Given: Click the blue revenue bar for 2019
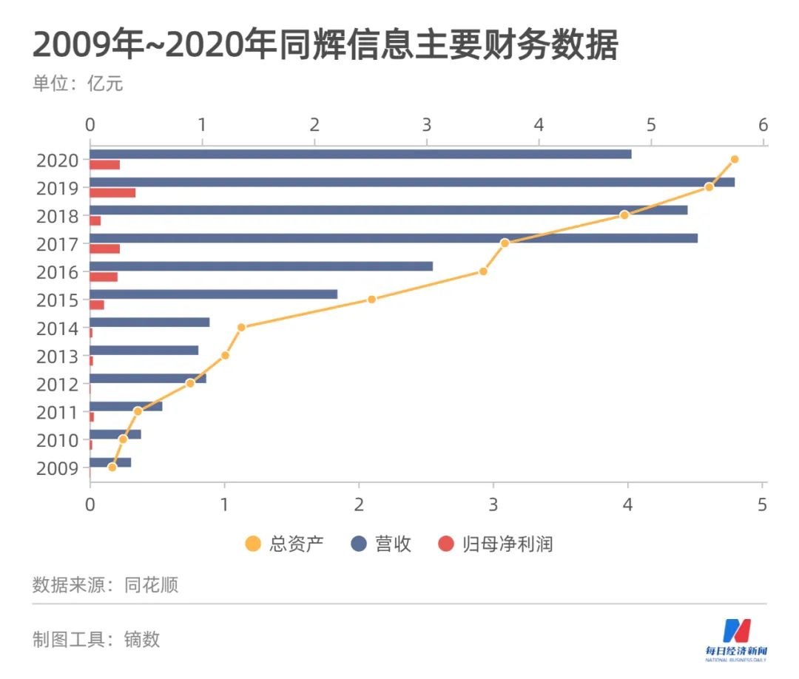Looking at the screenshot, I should pyautogui.click(x=411, y=182).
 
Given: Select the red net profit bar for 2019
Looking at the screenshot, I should pyautogui.click(x=112, y=193).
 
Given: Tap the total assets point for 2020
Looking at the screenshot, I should pyautogui.click(x=734, y=159).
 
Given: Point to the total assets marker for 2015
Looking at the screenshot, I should pyautogui.click(x=371, y=300).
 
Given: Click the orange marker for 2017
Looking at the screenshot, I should pyautogui.click(x=505, y=243).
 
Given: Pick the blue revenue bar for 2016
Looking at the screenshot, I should pyautogui.click(x=260, y=266).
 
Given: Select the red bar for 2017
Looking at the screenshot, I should pyautogui.click(x=104, y=249).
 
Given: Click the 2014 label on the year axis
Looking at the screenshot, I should pyautogui.click(x=57, y=328).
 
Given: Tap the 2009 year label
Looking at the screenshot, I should pyautogui.click(x=57, y=468).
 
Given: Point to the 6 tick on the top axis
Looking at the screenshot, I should pyautogui.click(x=763, y=124).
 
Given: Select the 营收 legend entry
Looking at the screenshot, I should pyautogui.click(x=381, y=545).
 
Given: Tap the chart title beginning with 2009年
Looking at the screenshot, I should pyautogui.click(x=326, y=46).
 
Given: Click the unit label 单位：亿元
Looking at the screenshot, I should pyautogui.click(x=78, y=84).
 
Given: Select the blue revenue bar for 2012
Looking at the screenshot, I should pyautogui.click(x=147, y=378).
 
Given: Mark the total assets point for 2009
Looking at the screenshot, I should pyautogui.click(x=112, y=467).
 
